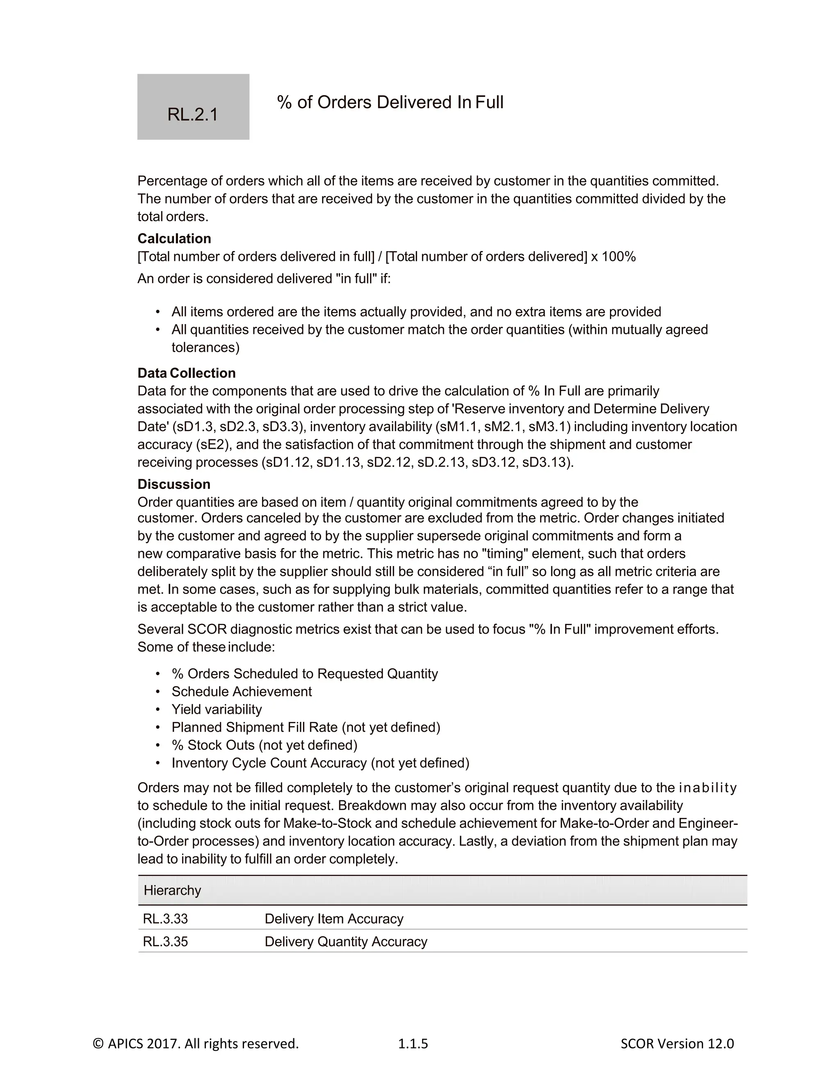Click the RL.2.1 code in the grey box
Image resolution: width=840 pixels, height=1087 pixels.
tap(193, 114)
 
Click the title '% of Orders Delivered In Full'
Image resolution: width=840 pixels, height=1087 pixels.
tap(390, 102)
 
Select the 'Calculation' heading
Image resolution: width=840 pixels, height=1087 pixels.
tap(174, 238)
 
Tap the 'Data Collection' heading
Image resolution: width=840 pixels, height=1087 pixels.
tap(187, 373)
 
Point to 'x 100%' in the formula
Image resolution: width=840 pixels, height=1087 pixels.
tap(614, 257)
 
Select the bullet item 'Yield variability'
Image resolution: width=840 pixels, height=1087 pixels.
tap(217, 709)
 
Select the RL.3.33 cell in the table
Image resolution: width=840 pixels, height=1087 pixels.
tap(165, 918)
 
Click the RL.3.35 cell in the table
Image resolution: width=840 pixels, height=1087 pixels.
tap(165, 942)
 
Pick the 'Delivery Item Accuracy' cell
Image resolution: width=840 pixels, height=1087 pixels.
tap(334, 918)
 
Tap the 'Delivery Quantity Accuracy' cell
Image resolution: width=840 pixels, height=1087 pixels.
tap(346, 942)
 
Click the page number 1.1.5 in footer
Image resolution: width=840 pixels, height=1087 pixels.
tap(413, 1043)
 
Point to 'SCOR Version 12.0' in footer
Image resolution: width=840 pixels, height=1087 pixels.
tap(677, 1043)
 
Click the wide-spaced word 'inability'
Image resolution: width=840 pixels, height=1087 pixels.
tap(707, 788)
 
